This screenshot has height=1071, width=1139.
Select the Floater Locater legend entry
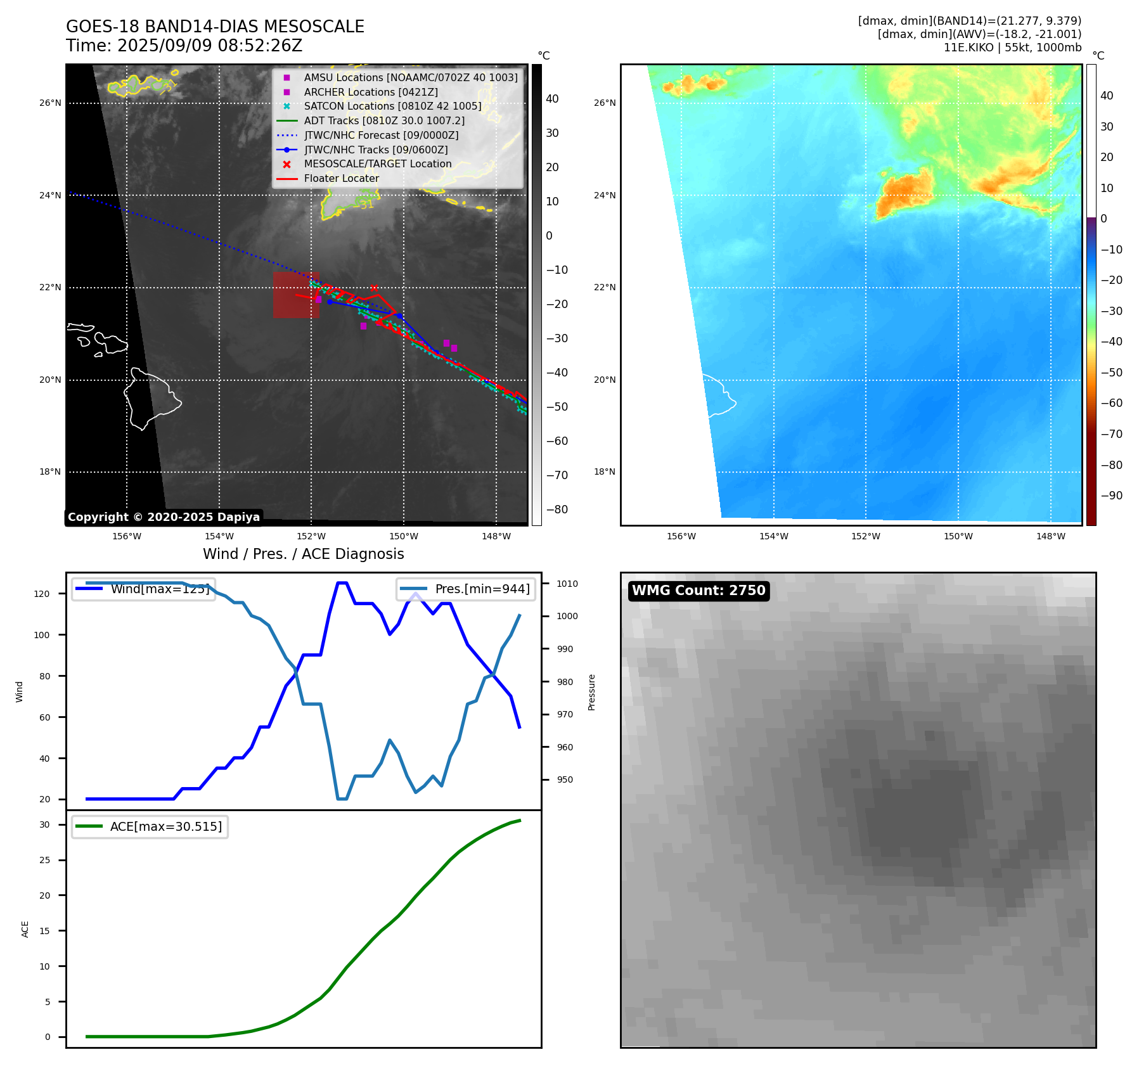[x=341, y=179]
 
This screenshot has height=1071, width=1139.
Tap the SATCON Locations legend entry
[x=392, y=106]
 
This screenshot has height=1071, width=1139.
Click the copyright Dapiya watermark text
[x=164, y=517]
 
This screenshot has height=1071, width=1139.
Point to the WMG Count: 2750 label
[x=698, y=591]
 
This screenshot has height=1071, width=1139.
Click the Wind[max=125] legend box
[x=143, y=589]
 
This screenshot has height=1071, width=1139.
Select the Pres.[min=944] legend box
[x=467, y=589]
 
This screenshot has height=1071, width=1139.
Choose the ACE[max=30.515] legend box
[x=150, y=826]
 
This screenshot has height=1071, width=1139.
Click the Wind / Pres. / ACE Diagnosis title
[x=303, y=554]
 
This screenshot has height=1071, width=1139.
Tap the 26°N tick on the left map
[x=51, y=103]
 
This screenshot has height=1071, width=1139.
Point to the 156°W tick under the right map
[x=681, y=536]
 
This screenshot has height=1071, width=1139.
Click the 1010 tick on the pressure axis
[x=567, y=584]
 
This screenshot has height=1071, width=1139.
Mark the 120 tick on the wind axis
[x=42, y=594]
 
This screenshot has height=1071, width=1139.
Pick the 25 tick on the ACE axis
[x=44, y=860]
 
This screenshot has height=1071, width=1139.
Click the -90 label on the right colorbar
[x=1111, y=496]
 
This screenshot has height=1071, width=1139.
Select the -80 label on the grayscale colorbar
[x=557, y=510]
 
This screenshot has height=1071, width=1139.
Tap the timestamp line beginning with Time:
[x=184, y=46]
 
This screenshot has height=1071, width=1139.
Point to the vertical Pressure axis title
[x=591, y=692]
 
